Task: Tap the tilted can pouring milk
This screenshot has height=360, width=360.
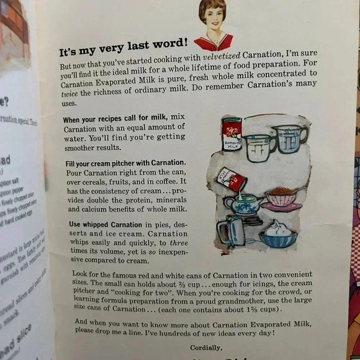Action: pos(232,180)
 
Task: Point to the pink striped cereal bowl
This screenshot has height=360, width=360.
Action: pos(281,197)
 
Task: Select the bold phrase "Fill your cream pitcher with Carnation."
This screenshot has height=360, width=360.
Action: pos(122,164)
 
